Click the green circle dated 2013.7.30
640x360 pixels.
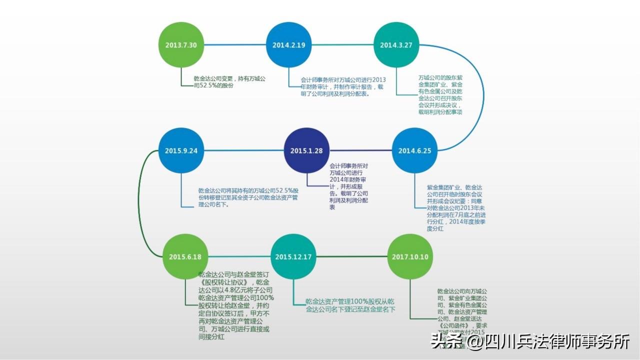click(x=181, y=45)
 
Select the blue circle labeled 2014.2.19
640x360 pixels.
click(x=288, y=45)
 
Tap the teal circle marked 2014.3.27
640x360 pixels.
click(x=396, y=45)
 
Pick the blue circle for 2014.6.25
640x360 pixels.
click(x=414, y=150)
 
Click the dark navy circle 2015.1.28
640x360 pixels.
click(x=306, y=150)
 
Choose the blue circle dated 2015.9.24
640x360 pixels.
click(x=181, y=150)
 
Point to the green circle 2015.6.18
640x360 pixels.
click(x=185, y=256)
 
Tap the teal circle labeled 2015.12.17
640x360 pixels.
click(x=293, y=256)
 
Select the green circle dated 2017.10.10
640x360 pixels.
click(x=410, y=256)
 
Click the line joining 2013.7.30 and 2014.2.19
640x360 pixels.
click(x=235, y=45)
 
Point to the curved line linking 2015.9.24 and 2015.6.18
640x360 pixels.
click(x=140, y=200)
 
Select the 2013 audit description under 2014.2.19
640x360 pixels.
click(x=343, y=86)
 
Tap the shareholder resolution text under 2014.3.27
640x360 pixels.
click(x=440, y=95)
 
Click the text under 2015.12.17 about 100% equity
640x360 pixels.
click(x=350, y=305)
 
